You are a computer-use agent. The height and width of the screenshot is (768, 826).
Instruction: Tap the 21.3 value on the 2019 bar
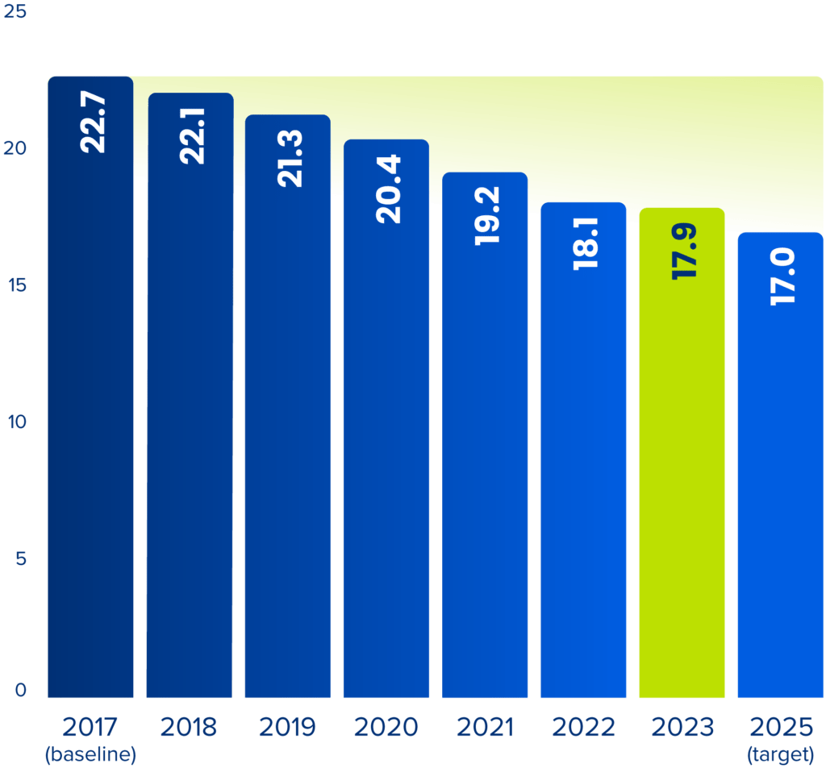pyautogui.click(x=290, y=159)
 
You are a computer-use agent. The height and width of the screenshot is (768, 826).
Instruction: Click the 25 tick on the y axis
pyautogui.click(x=16, y=14)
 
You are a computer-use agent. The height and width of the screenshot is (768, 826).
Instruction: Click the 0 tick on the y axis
pyautogui.click(x=20, y=691)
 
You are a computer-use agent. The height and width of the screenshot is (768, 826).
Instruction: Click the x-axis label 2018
pyautogui.click(x=189, y=728)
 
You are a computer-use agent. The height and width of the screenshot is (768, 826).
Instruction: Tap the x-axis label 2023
pyautogui.click(x=682, y=728)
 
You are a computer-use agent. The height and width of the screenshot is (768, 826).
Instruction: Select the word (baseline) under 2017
pyautogui.click(x=90, y=755)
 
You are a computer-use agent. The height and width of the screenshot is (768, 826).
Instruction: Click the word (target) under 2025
pyautogui.click(x=780, y=755)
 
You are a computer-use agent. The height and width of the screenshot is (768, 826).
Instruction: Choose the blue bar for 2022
pyautogui.click(x=583, y=484)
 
